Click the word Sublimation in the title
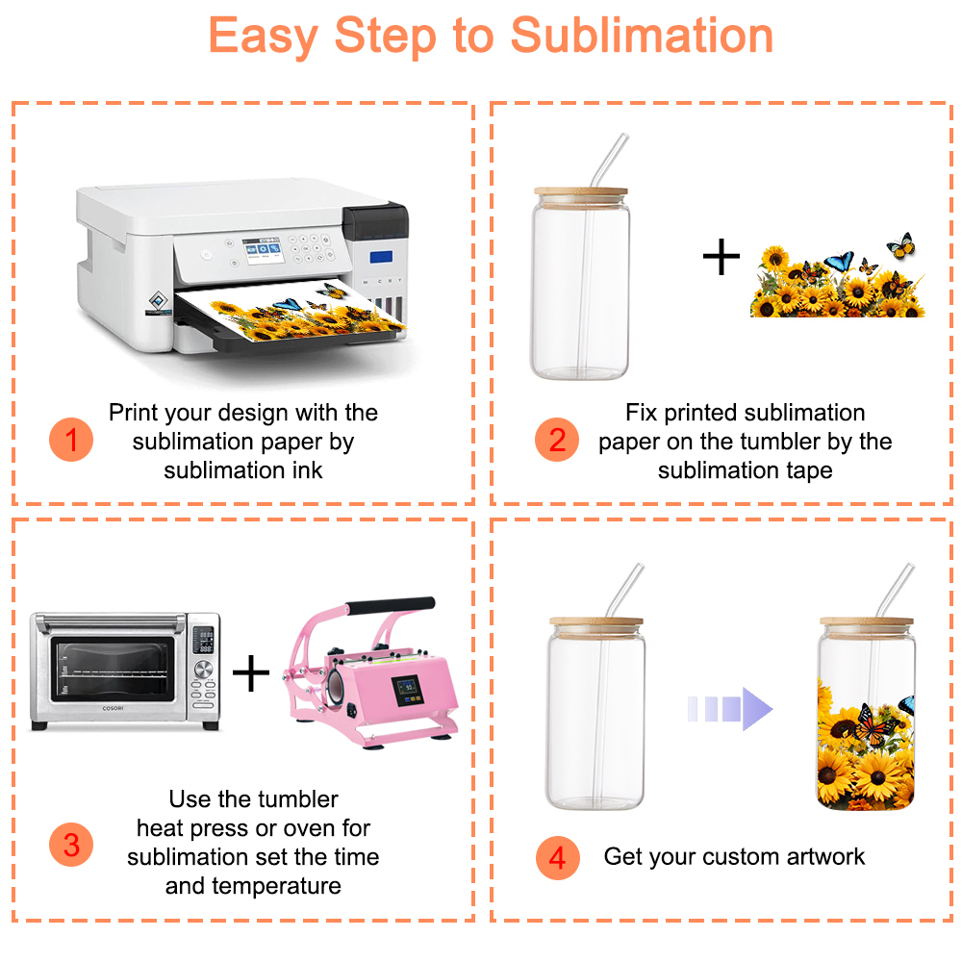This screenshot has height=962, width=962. click(x=642, y=36)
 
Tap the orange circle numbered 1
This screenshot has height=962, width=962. click(x=71, y=440)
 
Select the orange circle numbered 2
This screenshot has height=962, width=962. click(x=556, y=440)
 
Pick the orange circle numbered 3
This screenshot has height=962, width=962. click(x=71, y=845)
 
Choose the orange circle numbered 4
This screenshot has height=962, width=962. click(x=557, y=858)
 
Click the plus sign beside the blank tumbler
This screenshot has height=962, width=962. click(x=721, y=257)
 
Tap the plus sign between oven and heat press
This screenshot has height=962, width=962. click(x=251, y=673)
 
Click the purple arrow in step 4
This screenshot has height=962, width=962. click(x=730, y=709)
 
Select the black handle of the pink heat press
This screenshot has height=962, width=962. click(x=391, y=605)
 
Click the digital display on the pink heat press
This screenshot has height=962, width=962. click(x=407, y=690)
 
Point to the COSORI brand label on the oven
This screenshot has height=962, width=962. click(x=113, y=708)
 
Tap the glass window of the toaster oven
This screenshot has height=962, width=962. click(x=113, y=669)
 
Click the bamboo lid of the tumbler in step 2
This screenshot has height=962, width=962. click(x=580, y=195)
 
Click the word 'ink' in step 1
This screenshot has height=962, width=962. click(x=308, y=470)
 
